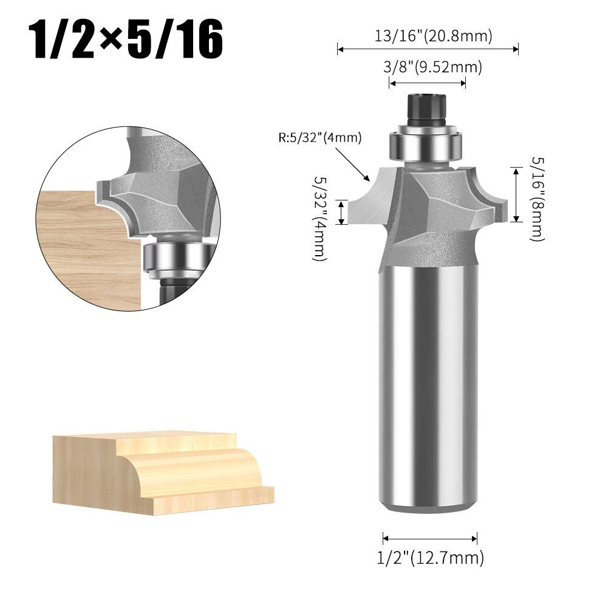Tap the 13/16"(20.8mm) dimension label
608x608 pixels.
coord(433,36)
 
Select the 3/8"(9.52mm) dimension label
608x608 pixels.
coord(432,67)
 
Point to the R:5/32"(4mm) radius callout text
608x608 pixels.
coord(320,137)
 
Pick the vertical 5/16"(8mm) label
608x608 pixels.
coord(538,199)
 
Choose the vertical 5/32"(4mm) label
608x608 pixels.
coord(320,218)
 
